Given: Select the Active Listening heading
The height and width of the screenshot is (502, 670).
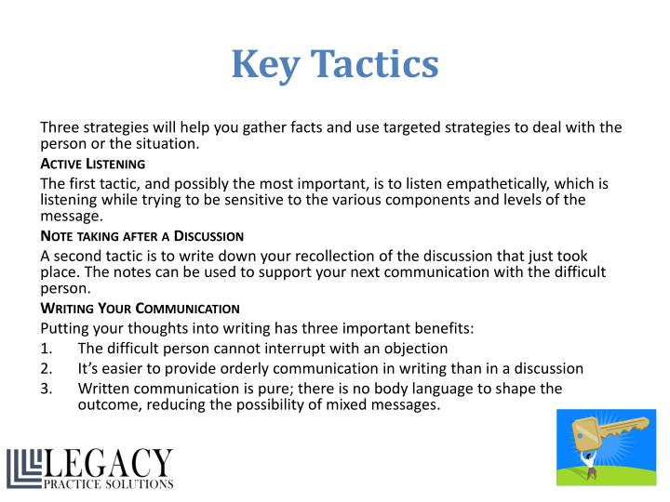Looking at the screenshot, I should (x=92, y=164).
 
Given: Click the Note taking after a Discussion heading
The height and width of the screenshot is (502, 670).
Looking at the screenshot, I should (x=141, y=236).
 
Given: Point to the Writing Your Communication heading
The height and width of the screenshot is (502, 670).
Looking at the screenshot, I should (x=140, y=309).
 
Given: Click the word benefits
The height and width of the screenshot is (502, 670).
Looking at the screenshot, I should (x=440, y=328).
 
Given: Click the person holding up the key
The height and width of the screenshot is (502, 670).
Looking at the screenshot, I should (x=589, y=465).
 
